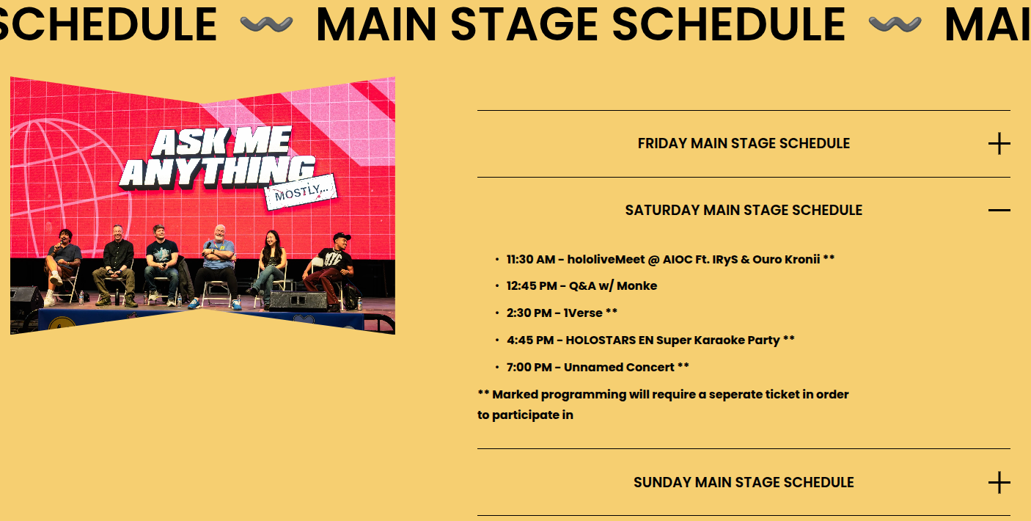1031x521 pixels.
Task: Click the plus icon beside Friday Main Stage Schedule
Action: click(x=999, y=144)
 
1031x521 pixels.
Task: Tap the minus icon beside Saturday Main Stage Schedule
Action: click(x=999, y=210)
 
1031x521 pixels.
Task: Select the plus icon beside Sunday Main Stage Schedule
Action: click(x=999, y=482)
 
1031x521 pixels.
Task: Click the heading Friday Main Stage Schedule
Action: click(x=744, y=143)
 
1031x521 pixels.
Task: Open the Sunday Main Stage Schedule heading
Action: click(x=744, y=482)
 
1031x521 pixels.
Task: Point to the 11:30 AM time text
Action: click(x=531, y=259)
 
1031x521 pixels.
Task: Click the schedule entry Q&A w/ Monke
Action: click(x=613, y=286)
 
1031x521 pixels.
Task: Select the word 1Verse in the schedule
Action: click(x=583, y=313)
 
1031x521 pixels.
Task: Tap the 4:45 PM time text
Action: click(x=530, y=340)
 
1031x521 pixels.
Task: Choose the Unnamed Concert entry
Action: click(x=619, y=367)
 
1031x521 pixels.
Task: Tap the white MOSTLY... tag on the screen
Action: click(x=301, y=192)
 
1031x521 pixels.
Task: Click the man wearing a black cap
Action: click(x=330, y=269)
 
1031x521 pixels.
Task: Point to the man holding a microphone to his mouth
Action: click(x=62, y=265)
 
